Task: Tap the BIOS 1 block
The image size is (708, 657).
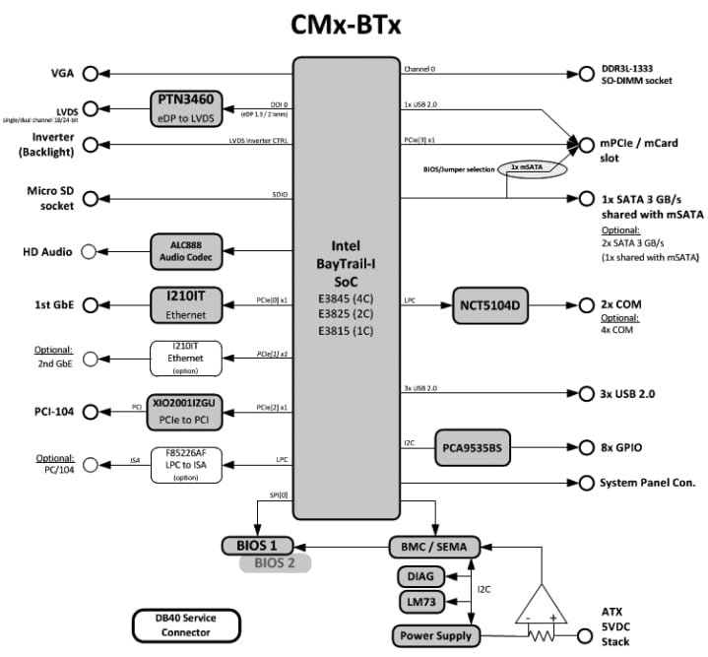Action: [x=257, y=545]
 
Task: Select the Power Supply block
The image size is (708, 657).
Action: [x=433, y=635]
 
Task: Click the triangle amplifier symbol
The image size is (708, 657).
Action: [x=541, y=604]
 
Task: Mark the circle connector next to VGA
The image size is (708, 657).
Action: [x=92, y=73]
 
